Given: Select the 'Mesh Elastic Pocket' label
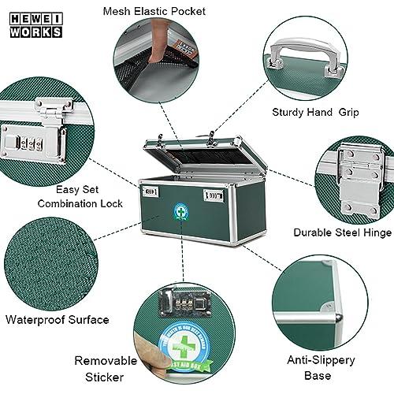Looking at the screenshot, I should pos(154,11).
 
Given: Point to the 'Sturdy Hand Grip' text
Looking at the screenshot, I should pos(315,113).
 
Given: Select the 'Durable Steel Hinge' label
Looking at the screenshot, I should pos(341,232).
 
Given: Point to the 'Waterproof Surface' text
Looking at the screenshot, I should pos(57,320).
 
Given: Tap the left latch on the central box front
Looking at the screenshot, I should pos(151,190).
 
